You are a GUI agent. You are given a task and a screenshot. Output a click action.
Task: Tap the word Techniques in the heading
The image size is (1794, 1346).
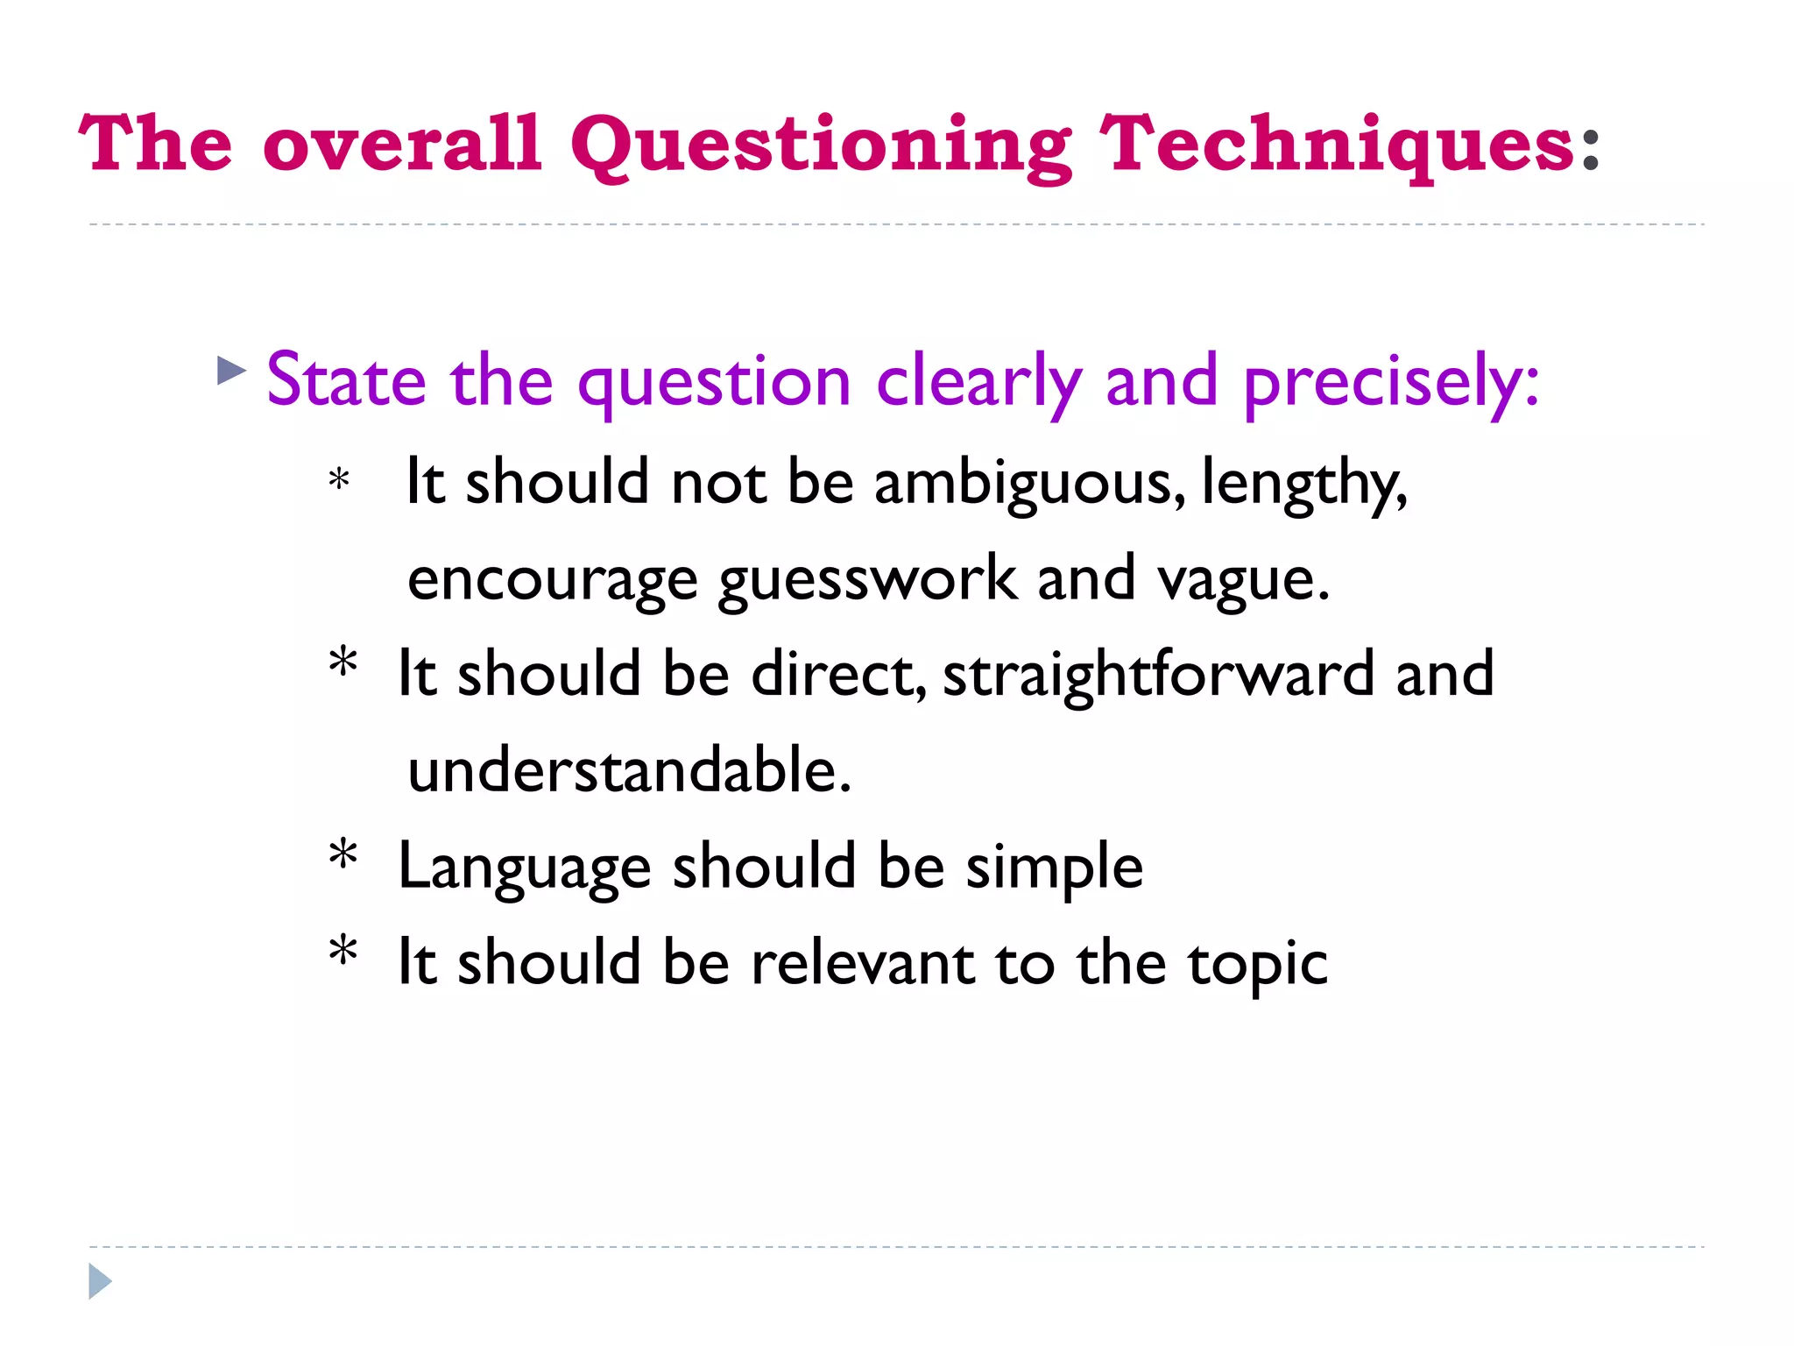1337,145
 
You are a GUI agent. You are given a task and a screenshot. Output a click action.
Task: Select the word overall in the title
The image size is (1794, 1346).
401,145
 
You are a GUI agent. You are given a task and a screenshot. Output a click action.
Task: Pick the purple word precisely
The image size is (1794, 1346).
1390,383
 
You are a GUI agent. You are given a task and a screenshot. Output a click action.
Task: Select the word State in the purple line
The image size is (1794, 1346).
347,381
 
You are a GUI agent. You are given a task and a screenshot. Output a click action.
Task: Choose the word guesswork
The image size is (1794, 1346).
867,580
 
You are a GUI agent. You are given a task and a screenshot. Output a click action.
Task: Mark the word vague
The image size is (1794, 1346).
1242,580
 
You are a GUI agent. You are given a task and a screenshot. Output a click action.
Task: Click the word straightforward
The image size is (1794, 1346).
1158,676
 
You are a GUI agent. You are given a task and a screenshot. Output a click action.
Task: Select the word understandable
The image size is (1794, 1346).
629,770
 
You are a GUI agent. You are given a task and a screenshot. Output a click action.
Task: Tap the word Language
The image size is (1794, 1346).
524,868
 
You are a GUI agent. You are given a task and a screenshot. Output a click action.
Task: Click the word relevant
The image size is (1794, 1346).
862,963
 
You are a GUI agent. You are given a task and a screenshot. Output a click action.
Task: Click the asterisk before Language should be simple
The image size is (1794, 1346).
343,855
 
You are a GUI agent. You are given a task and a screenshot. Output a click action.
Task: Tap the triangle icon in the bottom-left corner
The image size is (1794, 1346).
100,1281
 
